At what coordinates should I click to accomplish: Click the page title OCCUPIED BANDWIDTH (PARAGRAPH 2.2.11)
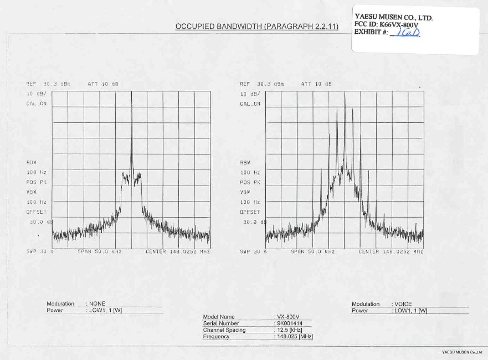(x=257, y=27)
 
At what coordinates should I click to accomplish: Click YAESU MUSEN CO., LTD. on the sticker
(x=393, y=17)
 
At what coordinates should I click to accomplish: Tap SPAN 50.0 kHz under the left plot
(x=100, y=251)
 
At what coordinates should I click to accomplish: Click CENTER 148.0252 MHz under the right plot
(x=391, y=251)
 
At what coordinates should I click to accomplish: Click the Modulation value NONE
(x=97, y=304)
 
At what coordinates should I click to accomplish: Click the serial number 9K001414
(x=290, y=323)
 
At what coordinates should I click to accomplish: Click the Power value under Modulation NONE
(x=105, y=310)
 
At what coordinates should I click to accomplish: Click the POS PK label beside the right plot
(x=250, y=182)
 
